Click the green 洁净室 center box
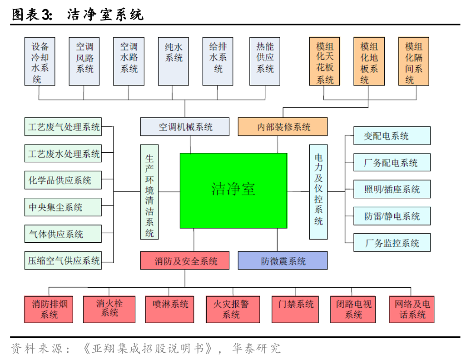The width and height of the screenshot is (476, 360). (x=233, y=190)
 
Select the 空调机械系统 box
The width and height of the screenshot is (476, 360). (x=185, y=127)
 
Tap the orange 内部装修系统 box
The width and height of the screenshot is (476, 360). (x=283, y=127)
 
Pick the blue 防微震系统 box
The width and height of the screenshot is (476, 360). (x=283, y=261)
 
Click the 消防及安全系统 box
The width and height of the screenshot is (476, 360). (x=185, y=261)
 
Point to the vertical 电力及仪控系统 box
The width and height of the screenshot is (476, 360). (x=318, y=192)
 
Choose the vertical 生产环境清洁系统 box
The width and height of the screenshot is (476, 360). (x=149, y=192)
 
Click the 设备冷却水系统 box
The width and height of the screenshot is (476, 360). (x=40, y=62)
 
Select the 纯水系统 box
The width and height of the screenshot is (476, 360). (x=174, y=62)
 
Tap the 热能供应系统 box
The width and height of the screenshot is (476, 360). (x=265, y=62)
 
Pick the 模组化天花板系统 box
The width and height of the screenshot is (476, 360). (x=325, y=62)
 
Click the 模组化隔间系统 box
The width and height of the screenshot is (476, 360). (x=413, y=62)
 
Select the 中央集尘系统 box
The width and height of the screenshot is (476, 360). (x=63, y=207)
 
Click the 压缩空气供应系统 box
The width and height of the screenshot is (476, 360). (x=63, y=261)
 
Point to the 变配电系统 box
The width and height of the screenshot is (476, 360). (x=392, y=136)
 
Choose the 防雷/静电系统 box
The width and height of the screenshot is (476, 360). (x=392, y=216)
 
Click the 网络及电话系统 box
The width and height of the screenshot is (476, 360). (x=412, y=310)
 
